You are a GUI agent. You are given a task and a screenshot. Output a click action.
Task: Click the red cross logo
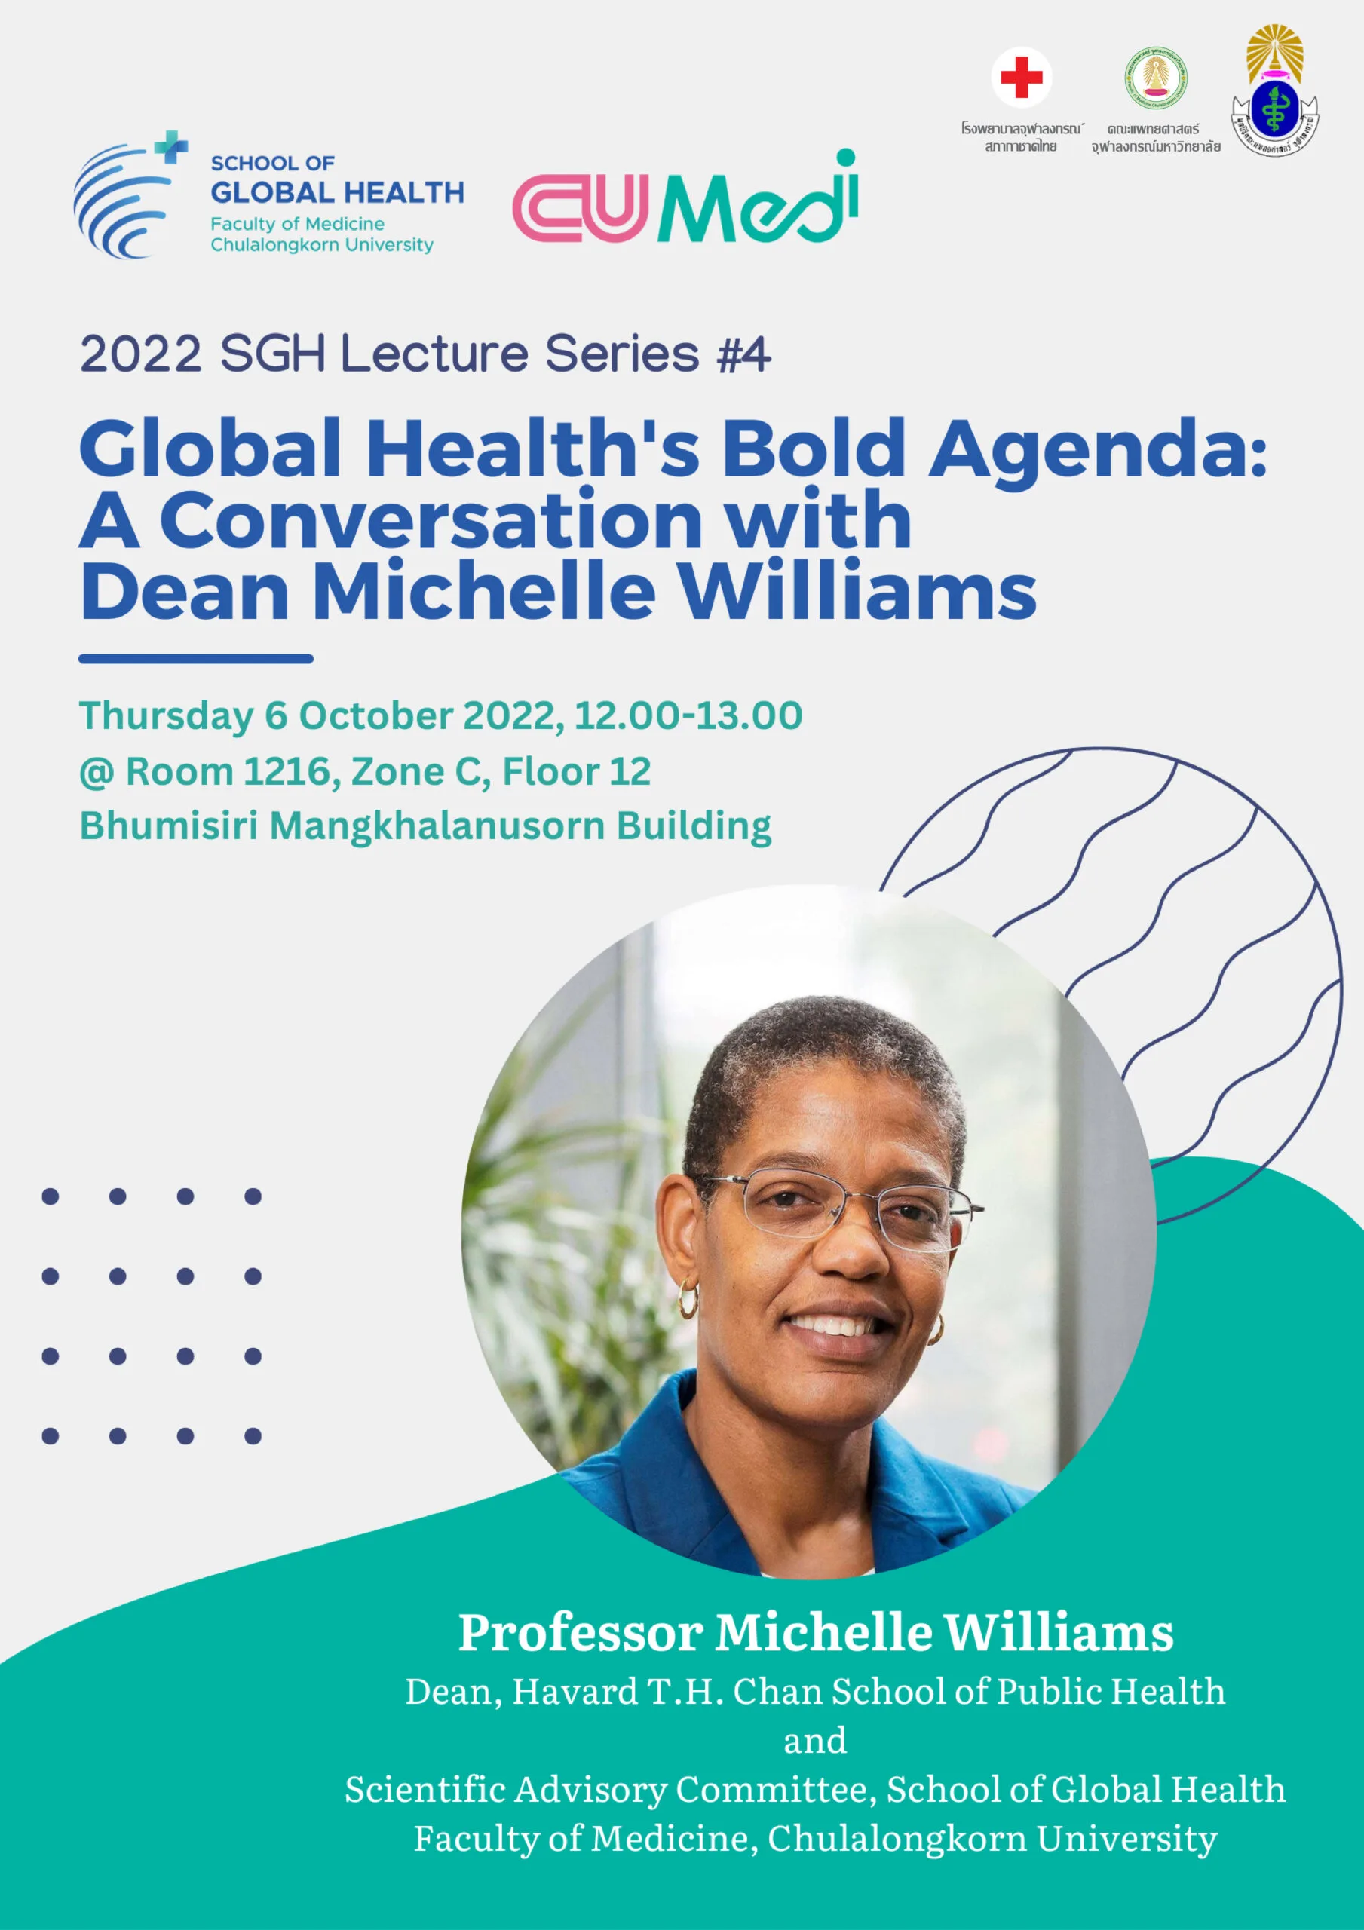click(1021, 78)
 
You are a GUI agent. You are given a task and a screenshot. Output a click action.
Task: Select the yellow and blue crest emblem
click(1275, 92)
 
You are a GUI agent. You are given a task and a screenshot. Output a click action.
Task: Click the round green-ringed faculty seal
click(1157, 78)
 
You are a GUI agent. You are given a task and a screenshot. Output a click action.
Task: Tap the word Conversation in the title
click(431, 520)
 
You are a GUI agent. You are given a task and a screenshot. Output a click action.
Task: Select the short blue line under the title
click(196, 659)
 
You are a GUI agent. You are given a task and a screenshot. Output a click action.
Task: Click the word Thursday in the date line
click(166, 716)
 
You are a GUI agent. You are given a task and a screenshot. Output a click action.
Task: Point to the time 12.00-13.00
click(688, 715)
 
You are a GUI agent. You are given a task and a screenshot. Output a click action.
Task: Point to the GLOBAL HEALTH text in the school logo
click(337, 192)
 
